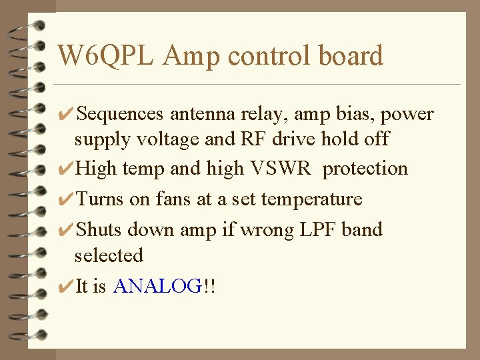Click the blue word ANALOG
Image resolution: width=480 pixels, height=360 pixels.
(x=157, y=287)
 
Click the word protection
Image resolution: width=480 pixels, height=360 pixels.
(x=365, y=169)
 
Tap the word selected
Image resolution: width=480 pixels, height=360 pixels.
(x=109, y=255)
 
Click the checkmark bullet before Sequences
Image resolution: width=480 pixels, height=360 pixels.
(x=65, y=115)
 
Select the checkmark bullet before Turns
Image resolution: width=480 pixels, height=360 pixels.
(x=65, y=199)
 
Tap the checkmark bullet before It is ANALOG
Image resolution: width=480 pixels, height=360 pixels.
(x=65, y=287)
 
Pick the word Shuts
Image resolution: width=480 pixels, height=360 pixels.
(x=99, y=230)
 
